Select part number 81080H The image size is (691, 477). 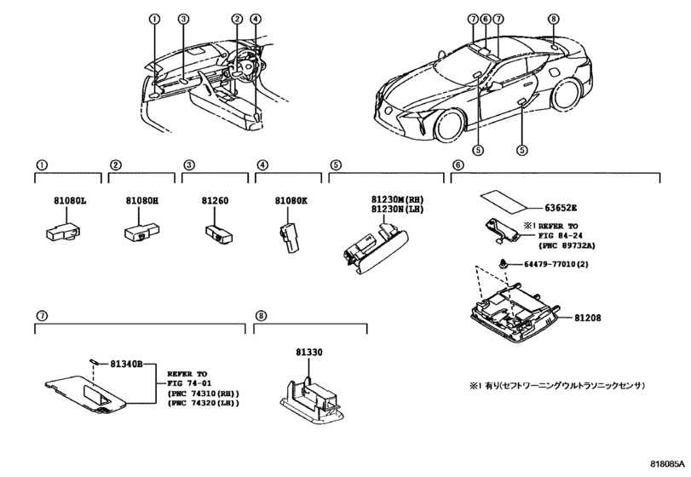click(x=137, y=201)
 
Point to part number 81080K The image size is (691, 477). click(x=291, y=201)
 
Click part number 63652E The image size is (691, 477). click(x=561, y=207)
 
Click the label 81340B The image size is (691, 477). click(x=127, y=365)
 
